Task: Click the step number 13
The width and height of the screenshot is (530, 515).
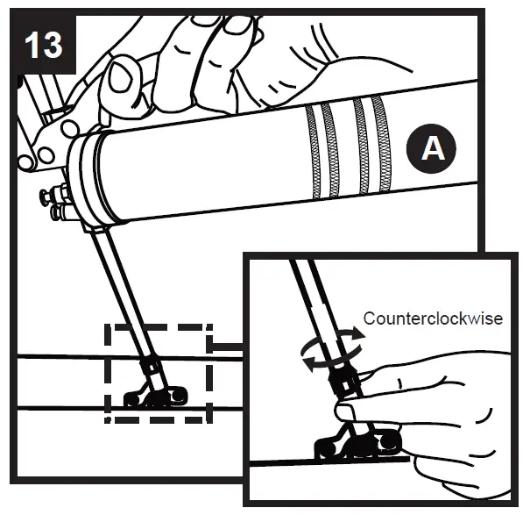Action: (44, 45)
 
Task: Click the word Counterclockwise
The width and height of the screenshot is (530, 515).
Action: (433, 318)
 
